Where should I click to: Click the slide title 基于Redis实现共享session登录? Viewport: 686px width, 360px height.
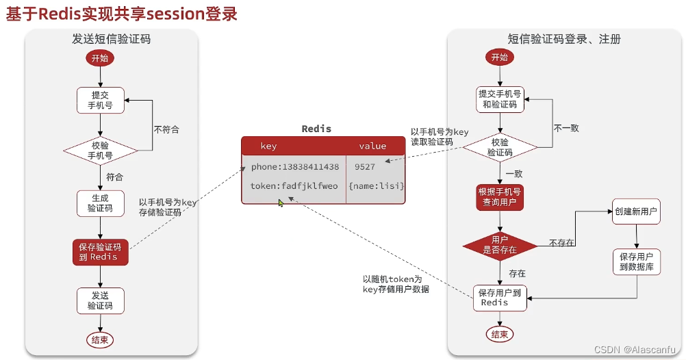click(x=122, y=14)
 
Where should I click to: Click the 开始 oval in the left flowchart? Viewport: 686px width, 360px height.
click(x=100, y=58)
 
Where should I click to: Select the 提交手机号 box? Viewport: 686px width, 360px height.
click(x=100, y=100)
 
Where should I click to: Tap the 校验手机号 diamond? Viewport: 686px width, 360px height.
click(x=101, y=150)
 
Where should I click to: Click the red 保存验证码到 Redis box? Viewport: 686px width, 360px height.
click(x=100, y=252)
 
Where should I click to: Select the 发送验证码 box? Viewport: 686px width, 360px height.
click(x=100, y=300)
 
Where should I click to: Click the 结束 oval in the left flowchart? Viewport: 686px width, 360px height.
click(x=100, y=339)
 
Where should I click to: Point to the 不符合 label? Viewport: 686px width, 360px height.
click(x=166, y=129)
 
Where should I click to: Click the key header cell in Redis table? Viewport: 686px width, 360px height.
click(x=268, y=146)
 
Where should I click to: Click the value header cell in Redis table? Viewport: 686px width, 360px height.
click(x=372, y=146)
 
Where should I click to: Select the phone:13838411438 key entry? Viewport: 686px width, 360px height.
click(x=294, y=167)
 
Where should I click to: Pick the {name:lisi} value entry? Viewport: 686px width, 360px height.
click(x=376, y=186)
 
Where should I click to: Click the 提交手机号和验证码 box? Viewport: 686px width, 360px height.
click(x=500, y=99)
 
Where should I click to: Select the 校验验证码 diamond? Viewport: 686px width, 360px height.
click(x=500, y=147)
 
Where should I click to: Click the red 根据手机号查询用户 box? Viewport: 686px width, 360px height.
click(x=500, y=196)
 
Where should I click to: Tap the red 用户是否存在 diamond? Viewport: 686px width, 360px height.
click(x=500, y=246)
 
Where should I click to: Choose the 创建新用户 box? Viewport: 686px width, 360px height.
click(x=636, y=212)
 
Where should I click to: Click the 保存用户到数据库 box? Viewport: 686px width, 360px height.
click(x=636, y=261)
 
